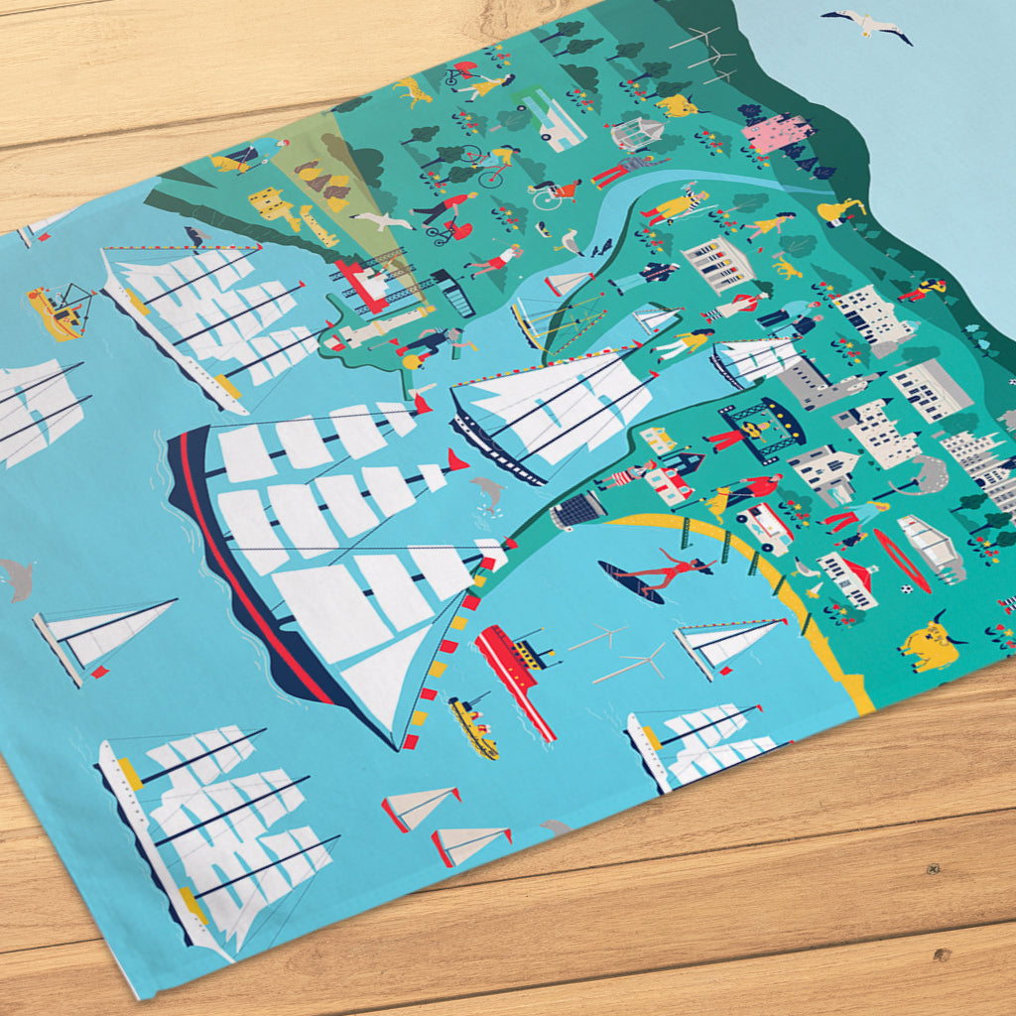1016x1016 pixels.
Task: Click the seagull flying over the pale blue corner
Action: [x=866, y=24]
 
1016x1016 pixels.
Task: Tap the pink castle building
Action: [x=777, y=133]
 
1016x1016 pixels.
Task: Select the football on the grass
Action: [x=907, y=589]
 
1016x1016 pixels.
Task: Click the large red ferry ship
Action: [x=514, y=665]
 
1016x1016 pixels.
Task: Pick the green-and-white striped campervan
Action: [x=552, y=118]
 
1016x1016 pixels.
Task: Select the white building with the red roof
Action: [x=847, y=578]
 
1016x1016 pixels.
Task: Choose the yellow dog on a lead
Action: [x=413, y=91]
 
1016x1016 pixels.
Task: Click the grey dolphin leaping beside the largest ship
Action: [x=488, y=492]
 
